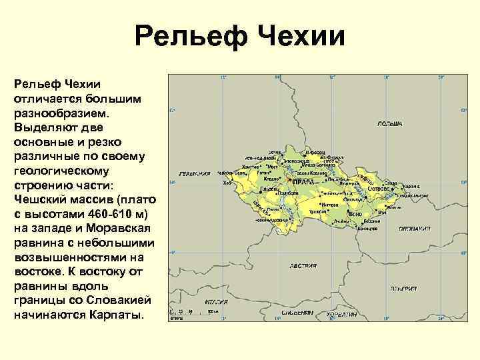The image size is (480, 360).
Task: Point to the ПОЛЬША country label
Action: tap(389, 124)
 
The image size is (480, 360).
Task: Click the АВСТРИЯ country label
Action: tap(303, 265)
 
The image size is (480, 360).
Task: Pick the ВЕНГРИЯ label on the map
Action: tap(404, 289)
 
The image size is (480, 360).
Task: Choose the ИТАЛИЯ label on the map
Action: tap(217, 301)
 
